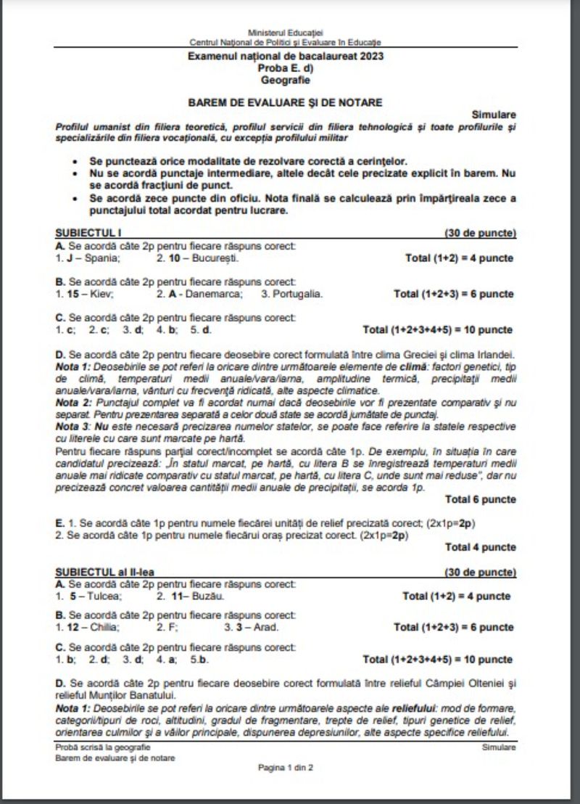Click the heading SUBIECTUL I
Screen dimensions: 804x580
pyautogui.click(x=86, y=233)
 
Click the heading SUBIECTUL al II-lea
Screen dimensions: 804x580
pyautogui.click(x=104, y=572)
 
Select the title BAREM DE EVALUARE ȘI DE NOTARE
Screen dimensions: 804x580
pyautogui.click(x=285, y=102)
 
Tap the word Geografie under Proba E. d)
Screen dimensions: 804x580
pyautogui.click(x=285, y=80)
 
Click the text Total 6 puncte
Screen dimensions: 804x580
pyautogui.click(x=481, y=499)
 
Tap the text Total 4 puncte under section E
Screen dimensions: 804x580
pyautogui.click(x=481, y=547)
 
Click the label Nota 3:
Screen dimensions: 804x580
pyautogui.click(x=74, y=427)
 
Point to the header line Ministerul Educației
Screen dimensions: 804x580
pyautogui.click(x=285, y=33)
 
